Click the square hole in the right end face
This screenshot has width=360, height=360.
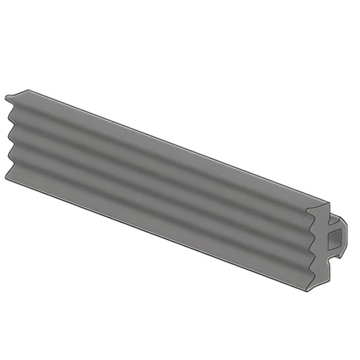(x=334, y=237)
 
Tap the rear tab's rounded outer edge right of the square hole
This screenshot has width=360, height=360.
(x=347, y=234)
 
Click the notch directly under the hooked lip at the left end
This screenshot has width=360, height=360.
(x=15, y=108)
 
